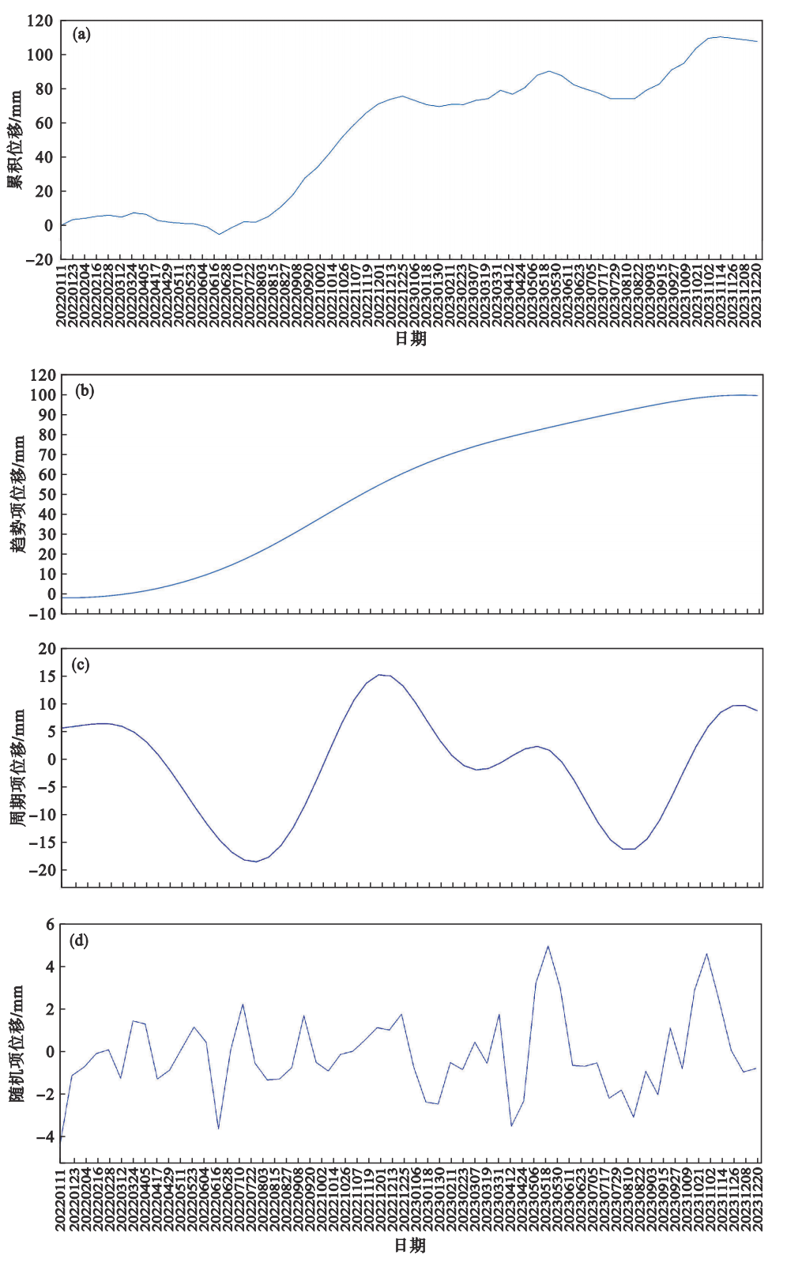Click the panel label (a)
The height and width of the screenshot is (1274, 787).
[x=81, y=34]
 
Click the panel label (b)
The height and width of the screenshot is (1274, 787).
[x=84, y=390]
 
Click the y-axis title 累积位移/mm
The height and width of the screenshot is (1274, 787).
[x=15, y=139]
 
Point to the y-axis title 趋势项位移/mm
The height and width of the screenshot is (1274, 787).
[x=17, y=494]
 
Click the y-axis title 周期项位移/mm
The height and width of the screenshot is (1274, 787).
[x=17, y=767]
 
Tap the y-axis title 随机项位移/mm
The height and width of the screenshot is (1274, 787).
[x=17, y=1043]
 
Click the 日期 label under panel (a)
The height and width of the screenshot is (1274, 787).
[x=410, y=339]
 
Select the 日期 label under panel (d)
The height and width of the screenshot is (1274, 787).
[x=410, y=1246]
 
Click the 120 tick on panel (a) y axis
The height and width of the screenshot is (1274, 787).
[x=40, y=21]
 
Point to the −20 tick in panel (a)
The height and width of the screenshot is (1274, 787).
[x=38, y=259]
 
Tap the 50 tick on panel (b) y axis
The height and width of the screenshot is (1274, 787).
[x=46, y=494]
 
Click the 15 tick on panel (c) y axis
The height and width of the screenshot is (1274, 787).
[x=47, y=677]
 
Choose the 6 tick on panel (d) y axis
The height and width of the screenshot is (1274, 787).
[x=50, y=924]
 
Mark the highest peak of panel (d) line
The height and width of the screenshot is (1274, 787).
[x=548, y=946]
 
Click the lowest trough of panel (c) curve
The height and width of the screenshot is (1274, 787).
[x=256, y=861]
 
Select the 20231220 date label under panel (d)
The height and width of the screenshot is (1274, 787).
[x=757, y=1202]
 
